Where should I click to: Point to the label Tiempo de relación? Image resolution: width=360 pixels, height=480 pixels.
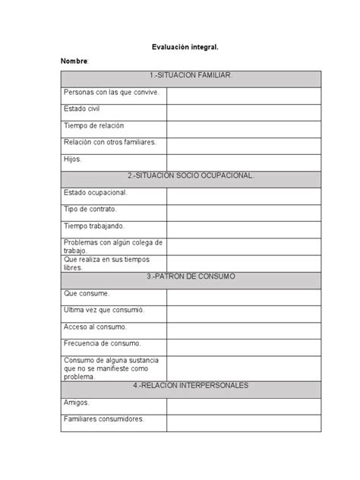pyautogui.click(x=93, y=125)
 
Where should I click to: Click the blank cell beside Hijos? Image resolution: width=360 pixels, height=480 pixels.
pyautogui.click(x=243, y=162)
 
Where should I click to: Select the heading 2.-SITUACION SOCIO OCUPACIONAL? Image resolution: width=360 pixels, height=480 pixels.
pyautogui.click(x=191, y=175)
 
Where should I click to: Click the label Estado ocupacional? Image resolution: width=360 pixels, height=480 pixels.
pyautogui.click(x=95, y=192)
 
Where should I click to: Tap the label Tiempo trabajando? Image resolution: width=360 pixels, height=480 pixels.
pyautogui.click(x=94, y=226)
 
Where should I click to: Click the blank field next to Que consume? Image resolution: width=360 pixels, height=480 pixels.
pyautogui.click(x=243, y=296)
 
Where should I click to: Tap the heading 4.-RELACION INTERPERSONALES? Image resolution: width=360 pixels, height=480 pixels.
pyautogui.click(x=191, y=385)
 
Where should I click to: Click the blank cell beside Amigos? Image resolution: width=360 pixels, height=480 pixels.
pyautogui.click(x=243, y=405)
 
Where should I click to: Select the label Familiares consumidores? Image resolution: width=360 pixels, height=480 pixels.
pyautogui.click(x=103, y=418)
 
